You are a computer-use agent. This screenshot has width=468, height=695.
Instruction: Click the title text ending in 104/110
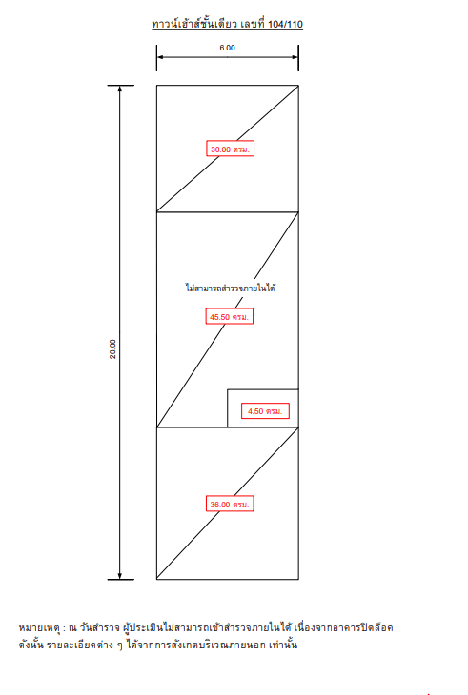[227, 24]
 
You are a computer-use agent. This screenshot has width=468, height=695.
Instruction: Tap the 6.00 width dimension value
[227, 48]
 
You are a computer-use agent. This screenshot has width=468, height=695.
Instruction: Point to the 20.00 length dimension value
[112, 348]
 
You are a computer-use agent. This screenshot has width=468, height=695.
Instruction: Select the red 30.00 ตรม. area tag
[231, 149]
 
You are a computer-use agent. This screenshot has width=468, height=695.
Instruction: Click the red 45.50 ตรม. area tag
[230, 316]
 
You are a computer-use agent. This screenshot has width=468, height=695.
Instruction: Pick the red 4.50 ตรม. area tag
[265, 411]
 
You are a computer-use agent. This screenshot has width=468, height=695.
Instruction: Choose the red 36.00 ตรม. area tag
[230, 504]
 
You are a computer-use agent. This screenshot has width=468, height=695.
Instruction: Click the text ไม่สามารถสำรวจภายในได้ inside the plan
[231, 288]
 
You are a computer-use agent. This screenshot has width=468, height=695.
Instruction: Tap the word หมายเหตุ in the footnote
[39, 628]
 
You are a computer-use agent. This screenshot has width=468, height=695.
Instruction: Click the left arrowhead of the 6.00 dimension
[160, 57]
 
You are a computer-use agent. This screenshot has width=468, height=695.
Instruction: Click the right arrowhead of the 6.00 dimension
[295, 57]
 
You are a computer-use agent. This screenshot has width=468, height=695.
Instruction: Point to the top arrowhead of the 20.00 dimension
[120, 89]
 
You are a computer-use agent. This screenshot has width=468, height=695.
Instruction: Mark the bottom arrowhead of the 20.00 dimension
[120, 576]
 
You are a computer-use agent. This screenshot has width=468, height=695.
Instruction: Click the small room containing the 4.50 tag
[263, 408]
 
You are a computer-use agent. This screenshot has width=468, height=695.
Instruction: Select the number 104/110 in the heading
[285, 25]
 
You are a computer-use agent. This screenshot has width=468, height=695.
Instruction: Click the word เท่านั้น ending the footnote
[283, 645]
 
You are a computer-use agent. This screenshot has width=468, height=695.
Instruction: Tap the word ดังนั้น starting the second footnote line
[31, 645]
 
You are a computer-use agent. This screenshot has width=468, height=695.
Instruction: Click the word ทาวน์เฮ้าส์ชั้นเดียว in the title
[194, 24]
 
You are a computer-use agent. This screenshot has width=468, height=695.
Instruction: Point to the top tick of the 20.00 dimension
[121, 85]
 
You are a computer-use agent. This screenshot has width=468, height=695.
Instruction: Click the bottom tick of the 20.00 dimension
[121, 579]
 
